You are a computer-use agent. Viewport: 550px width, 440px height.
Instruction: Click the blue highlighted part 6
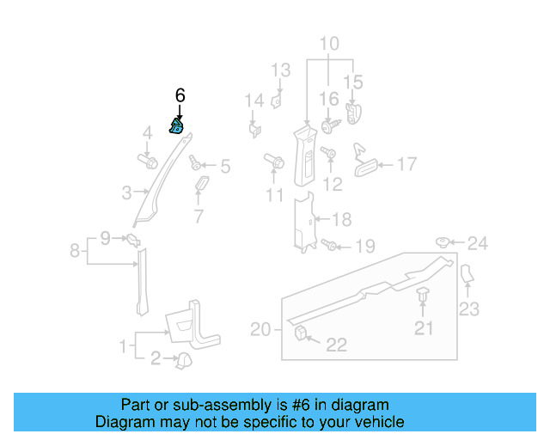(x=177, y=128)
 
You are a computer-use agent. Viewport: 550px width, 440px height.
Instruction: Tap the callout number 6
(x=180, y=95)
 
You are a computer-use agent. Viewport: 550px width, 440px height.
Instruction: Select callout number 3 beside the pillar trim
(x=125, y=192)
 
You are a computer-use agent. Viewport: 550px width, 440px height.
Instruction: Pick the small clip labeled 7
(x=202, y=186)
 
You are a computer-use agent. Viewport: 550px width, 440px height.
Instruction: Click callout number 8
(x=76, y=251)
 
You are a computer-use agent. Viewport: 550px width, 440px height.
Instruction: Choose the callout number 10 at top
(x=330, y=43)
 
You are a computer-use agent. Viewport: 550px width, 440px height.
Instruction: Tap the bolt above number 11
(x=276, y=161)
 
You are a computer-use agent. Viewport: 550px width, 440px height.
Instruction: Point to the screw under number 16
(x=329, y=125)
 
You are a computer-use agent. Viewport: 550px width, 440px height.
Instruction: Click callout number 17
(x=406, y=164)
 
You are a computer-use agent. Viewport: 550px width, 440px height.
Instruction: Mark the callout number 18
(x=342, y=219)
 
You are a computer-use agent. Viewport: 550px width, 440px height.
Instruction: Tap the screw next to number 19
(x=332, y=245)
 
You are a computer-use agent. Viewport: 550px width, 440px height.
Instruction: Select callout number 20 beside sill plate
(x=260, y=328)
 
